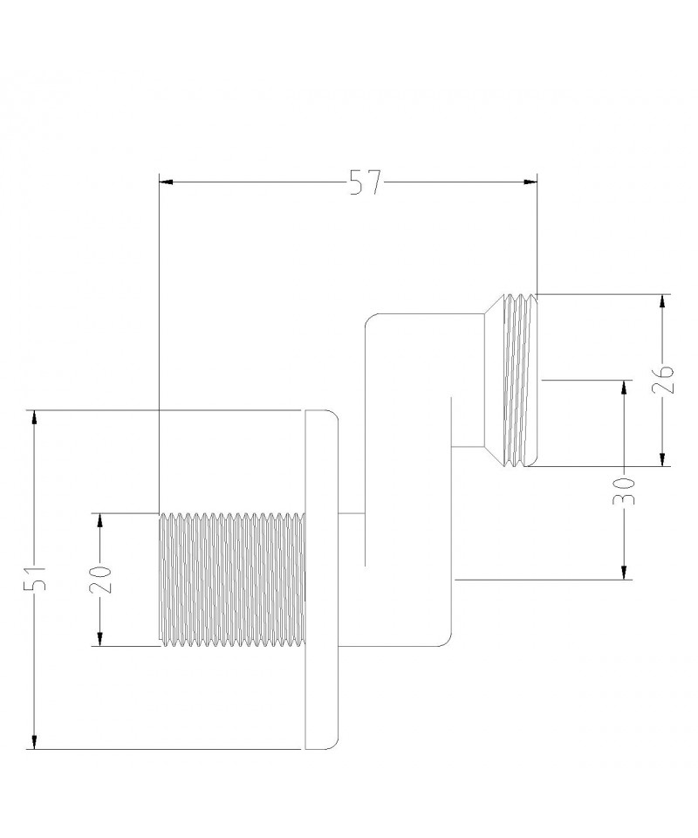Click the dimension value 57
[366, 182]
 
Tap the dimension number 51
[36, 577]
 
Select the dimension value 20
[100, 580]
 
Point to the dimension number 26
[663, 379]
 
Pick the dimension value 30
[623, 491]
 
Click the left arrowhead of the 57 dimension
[167, 182]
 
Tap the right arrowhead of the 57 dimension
[530, 182]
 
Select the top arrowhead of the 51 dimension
[34, 417]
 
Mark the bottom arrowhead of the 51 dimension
[34, 742]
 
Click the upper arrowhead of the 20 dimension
[99, 521]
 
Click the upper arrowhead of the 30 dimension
[623, 388]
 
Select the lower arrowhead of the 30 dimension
[623, 572]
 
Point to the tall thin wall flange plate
[321, 580]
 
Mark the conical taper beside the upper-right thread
[493, 380]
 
